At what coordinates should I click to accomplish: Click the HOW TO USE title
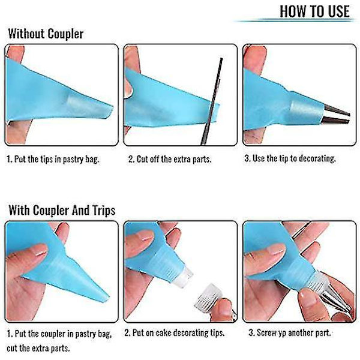(x=314, y=11)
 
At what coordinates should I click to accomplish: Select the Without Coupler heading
(x=46, y=34)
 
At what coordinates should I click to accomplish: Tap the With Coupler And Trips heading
(x=62, y=211)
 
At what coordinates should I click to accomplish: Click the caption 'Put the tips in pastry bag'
(x=53, y=159)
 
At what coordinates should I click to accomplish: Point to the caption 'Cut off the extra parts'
(x=170, y=159)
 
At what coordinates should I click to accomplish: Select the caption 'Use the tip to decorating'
(x=290, y=158)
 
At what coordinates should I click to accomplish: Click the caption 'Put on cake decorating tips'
(x=174, y=332)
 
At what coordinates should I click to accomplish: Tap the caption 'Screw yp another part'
(x=290, y=332)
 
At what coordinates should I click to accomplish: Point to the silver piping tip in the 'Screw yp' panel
(x=333, y=298)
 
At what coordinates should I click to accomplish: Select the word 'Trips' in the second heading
(x=104, y=211)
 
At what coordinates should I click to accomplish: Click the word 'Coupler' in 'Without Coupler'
(x=65, y=34)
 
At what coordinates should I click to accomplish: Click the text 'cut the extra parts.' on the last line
(x=38, y=348)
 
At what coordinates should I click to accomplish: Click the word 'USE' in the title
(x=339, y=11)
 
